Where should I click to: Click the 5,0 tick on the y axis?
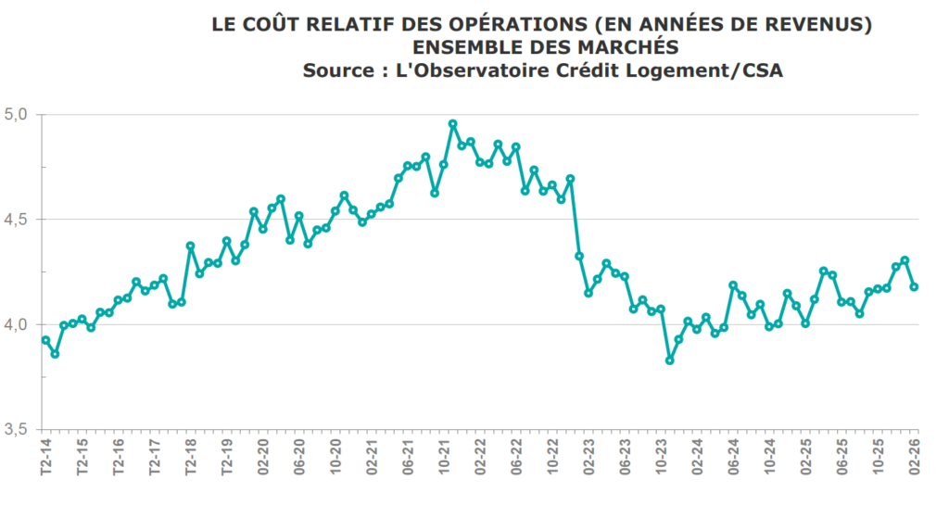[x=19, y=114]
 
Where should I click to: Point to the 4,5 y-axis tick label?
[x=19, y=220]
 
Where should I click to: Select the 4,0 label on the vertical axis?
[x=19, y=324]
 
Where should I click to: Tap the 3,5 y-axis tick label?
[x=19, y=429]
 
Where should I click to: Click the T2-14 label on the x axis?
[x=45, y=457]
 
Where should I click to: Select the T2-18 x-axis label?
[x=190, y=457]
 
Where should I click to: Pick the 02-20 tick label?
[x=263, y=457]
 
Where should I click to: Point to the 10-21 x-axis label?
[x=444, y=457]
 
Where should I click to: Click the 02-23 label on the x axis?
[x=588, y=457]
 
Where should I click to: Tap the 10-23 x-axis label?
[x=661, y=457]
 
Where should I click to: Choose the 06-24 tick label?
[x=733, y=457]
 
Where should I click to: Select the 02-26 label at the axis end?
[x=914, y=457]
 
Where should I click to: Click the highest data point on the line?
[x=453, y=123]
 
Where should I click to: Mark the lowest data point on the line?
[x=670, y=360]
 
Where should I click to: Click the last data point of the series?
[x=914, y=287]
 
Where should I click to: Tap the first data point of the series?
[x=45, y=340]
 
